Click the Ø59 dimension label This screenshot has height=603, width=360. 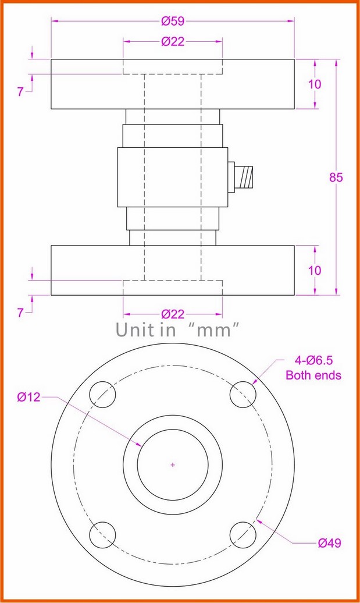[173, 22]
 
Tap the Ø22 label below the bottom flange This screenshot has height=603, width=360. [173, 314]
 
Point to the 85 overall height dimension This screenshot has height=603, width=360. [336, 178]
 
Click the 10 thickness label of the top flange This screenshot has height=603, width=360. [315, 84]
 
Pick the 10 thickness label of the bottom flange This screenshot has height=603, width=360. [315, 271]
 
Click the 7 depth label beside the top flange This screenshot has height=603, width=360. [21, 92]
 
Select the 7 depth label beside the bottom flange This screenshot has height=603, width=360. [21, 313]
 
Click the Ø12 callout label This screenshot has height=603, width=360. [28, 398]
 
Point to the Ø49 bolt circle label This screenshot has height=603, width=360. [330, 543]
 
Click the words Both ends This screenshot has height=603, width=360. [313, 375]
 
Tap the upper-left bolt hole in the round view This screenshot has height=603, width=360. [102, 394]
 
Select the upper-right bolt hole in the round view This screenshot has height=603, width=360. [242, 395]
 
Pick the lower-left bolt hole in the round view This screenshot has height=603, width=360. [102, 534]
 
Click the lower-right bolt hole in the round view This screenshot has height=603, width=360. [242, 534]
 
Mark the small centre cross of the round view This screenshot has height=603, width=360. [172, 464]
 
